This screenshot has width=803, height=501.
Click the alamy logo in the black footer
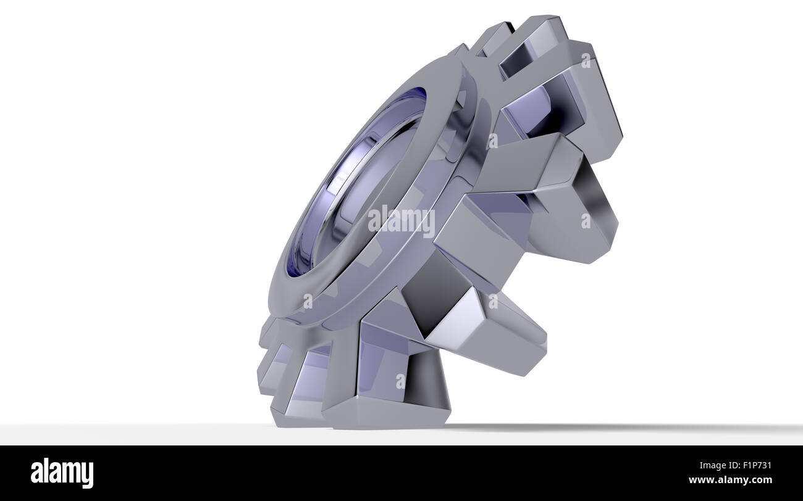(x=62, y=473)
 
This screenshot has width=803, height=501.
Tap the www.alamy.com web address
(x=730, y=480)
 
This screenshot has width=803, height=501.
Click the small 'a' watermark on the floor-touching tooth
(x=401, y=381)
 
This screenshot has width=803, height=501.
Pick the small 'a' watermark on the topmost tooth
(x=585, y=60)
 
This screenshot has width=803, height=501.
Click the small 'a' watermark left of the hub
(x=307, y=300)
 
